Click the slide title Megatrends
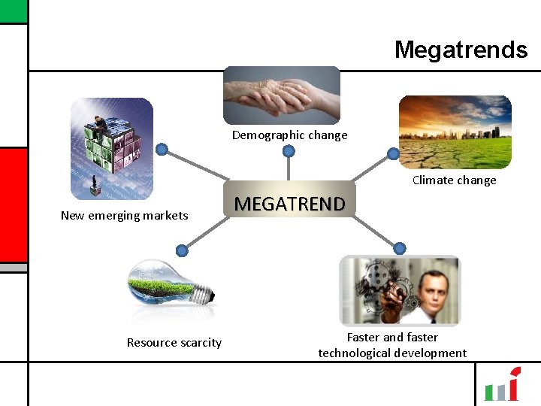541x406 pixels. coord(461,50)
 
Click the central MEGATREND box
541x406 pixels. coord(290,204)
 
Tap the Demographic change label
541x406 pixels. coord(289,135)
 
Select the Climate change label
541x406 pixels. coord(454,180)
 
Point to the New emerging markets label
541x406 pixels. coord(124,216)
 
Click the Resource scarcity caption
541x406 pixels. coord(174,343)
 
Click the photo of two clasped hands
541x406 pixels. coord(282,95)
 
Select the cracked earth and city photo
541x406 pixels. coord(455,132)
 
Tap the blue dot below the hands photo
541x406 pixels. coord(289,152)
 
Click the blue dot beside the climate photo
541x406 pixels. coord(393,154)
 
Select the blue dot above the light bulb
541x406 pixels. coord(182,250)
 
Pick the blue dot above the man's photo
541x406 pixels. coord(400,248)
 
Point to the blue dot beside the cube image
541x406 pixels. coord(161,149)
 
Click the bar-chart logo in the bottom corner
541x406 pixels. coord(502,385)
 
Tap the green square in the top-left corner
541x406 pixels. coord(13,11)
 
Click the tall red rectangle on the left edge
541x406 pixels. coord(13,204)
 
